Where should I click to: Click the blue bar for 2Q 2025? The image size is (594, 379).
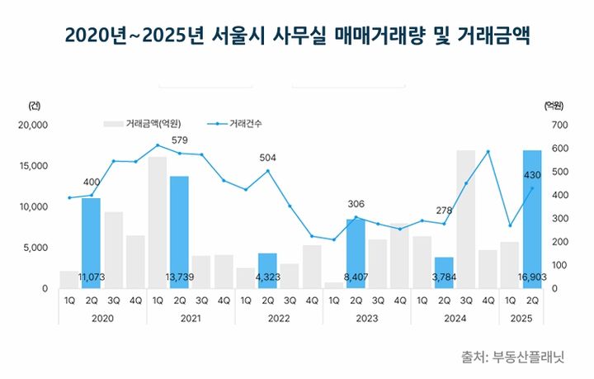click(532, 219)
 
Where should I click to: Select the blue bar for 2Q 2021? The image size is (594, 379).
click(179, 232)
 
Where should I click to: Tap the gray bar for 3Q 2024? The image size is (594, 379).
click(466, 219)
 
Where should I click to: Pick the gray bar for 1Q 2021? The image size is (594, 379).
click(157, 222)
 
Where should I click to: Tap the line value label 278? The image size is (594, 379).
click(445, 211)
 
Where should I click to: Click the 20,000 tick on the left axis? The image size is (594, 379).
click(33, 125)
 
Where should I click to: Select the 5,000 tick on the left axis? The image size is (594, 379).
click(36, 247)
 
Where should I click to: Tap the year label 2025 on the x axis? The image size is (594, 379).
click(521, 317)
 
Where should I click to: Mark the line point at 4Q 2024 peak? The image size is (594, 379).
click(488, 151)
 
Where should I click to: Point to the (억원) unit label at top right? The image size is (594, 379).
click(554, 105)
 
